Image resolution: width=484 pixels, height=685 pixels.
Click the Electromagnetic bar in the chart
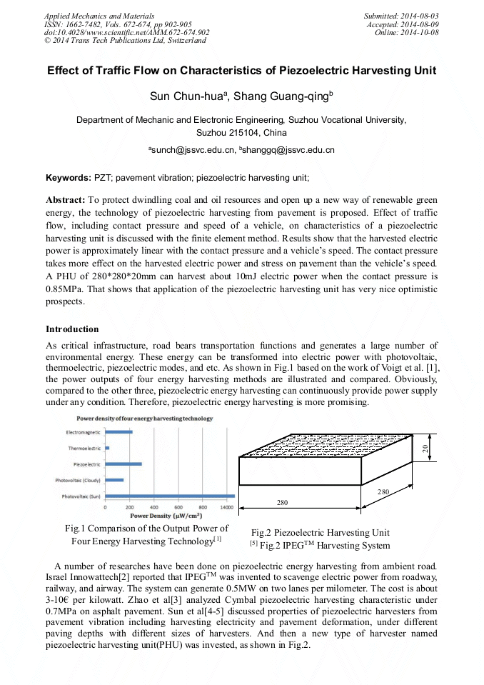[119, 432]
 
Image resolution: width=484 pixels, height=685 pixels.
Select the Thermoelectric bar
[107, 448]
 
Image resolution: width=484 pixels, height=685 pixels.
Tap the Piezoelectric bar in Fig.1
[123, 464]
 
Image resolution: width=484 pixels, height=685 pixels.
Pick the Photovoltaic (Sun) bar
[170, 496]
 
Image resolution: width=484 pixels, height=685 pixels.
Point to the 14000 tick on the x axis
[226, 507]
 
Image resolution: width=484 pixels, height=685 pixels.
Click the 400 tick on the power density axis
[153, 507]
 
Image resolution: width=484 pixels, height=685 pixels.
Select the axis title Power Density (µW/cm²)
[165, 515]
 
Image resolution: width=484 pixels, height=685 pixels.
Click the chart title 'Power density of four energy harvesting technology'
[145, 418]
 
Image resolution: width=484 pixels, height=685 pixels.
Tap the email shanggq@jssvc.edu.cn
[289, 150]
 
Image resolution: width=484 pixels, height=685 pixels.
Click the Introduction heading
[72, 329]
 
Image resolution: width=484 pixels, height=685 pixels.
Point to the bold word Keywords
[69, 176]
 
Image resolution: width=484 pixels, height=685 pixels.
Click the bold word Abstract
[66, 200]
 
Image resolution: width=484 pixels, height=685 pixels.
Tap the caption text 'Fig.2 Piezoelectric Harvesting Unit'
[321, 532]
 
